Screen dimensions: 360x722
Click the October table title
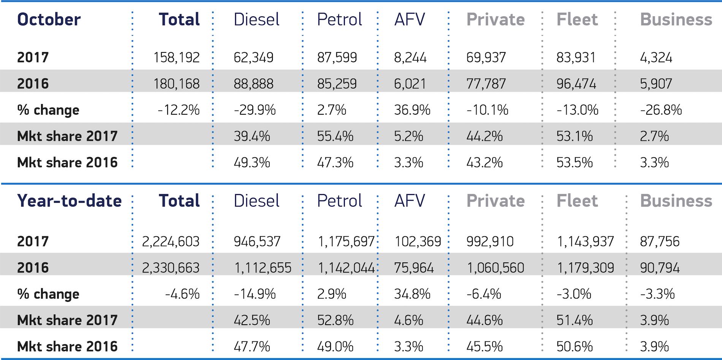(49, 19)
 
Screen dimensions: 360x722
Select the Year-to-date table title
(69, 201)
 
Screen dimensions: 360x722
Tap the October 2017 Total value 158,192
(176, 57)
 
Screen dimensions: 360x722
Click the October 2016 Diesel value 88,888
(253, 84)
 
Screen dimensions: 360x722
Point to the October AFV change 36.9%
(412, 110)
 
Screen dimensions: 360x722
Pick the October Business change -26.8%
(661, 110)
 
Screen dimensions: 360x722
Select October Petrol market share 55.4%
(335, 136)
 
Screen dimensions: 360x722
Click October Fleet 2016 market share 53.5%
(574, 163)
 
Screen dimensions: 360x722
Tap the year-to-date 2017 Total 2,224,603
(171, 242)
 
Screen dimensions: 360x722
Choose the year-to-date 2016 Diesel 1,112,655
(263, 268)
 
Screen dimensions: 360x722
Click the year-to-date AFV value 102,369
(418, 242)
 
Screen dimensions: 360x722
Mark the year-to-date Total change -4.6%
(182, 294)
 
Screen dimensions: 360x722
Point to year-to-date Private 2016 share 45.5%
(484, 346)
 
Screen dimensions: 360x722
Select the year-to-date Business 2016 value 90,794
(660, 268)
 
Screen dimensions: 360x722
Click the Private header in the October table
(495, 19)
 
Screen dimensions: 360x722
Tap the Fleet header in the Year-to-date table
(577, 201)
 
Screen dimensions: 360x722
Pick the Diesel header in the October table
(256, 19)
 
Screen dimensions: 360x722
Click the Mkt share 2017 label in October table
(67, 136)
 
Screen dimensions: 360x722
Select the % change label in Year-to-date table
(48, 294)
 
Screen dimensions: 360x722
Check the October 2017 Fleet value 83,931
(576, 57)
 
